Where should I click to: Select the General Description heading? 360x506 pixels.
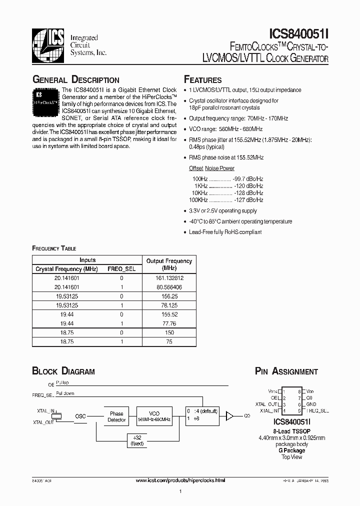(x=75, y=80)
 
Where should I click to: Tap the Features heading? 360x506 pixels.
(x=203, y=80)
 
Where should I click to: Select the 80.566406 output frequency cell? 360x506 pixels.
(x=168, y=287)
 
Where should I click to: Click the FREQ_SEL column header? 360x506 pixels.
(x=121, y=269)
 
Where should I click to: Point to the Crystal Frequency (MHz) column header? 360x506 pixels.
(x=66, y=269)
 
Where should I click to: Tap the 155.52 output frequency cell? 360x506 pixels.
(x=168, y=315)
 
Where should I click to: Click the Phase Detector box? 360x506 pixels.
(x=116, y=416)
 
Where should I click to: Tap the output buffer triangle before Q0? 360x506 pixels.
(x=230, y=415)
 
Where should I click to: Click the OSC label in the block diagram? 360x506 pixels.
(x=80, y=416)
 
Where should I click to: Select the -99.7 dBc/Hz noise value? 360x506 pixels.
(x=248, y=178)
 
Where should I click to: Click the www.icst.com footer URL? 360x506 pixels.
(x=180, y=479)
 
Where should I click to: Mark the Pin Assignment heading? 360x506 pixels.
(x=286, y=371)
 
